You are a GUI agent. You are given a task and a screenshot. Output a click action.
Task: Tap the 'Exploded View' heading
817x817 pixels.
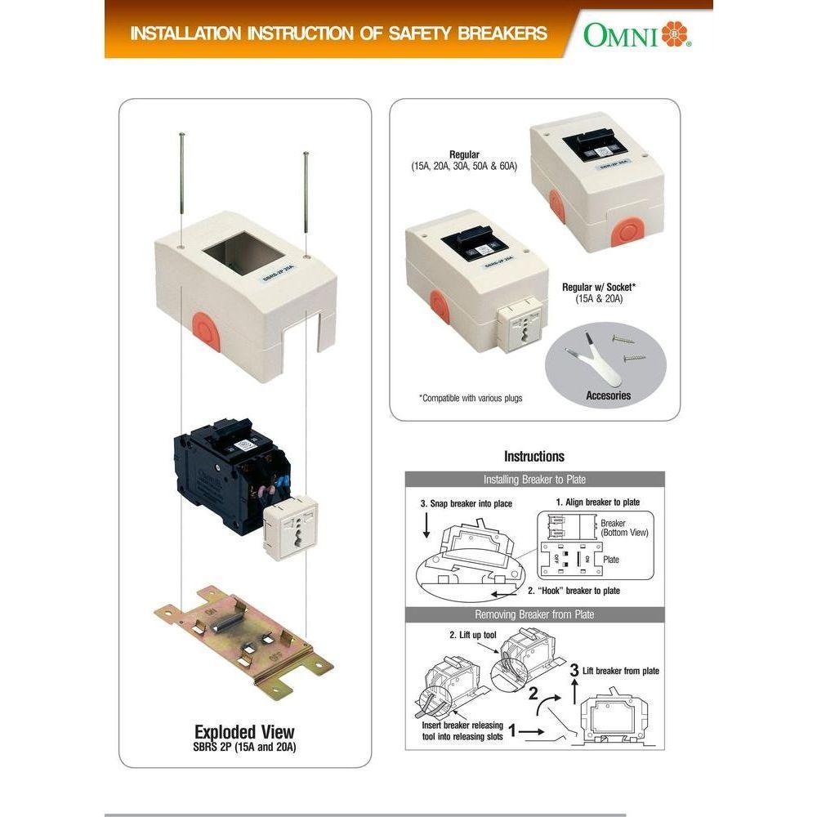pos(244,731)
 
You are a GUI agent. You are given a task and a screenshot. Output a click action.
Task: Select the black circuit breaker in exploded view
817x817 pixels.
pos(221,474)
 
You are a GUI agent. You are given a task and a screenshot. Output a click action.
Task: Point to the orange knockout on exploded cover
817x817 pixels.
pos(208,331)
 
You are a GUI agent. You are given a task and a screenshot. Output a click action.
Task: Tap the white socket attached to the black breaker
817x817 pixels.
pos(292,526)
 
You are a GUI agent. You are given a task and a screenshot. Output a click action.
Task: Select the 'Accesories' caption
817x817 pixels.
pos(609,395)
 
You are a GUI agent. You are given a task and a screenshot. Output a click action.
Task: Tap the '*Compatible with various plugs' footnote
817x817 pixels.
pos(471,398)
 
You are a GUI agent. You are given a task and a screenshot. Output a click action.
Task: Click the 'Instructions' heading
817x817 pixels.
pos(534,456)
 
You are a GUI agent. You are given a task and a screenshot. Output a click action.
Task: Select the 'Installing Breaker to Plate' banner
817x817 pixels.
pos(534,480)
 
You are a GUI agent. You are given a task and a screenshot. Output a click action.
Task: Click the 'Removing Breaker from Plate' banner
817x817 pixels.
pos(534,614)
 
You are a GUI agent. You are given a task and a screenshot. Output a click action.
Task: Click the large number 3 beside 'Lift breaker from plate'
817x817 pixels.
pos(574,671)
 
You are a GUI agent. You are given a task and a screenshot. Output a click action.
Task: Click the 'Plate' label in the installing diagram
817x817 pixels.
pos(610,560)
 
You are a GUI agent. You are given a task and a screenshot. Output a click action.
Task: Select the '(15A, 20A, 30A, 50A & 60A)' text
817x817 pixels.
pos(464,166)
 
